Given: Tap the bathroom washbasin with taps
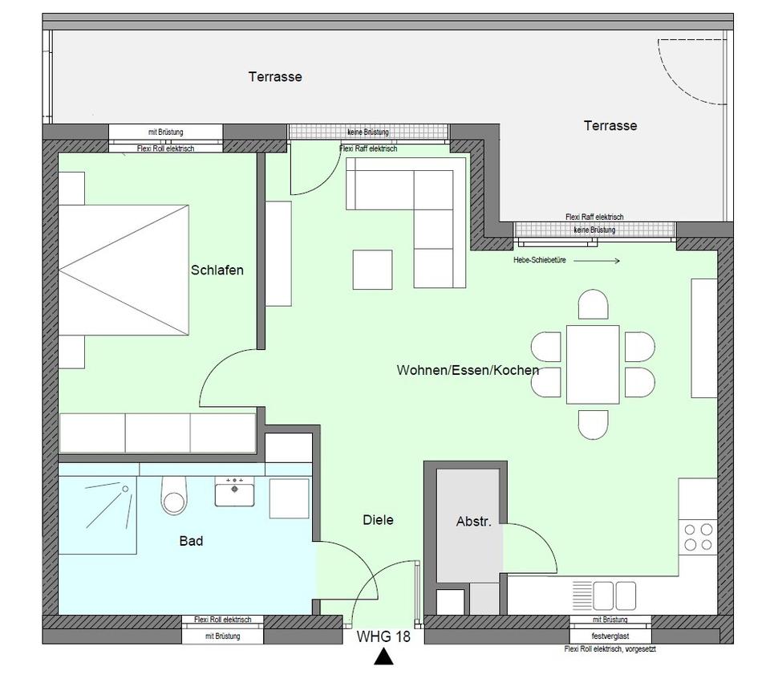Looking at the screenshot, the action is (234, 491).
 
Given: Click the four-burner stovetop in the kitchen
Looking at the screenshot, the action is (699, 537).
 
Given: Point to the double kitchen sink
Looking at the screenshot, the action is (614, 595).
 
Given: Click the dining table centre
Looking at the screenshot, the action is (593, 364).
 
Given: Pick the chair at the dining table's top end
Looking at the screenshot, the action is (594, 304).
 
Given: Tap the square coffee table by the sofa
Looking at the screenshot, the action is (372, 270).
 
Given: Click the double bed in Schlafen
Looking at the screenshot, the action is (124, 270).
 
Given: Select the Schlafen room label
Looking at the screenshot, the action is (217, 270).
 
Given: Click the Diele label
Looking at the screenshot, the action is (378, 520).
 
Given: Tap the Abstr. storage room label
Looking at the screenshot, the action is (474, 522).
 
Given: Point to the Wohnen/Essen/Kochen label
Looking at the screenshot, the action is (468, 370).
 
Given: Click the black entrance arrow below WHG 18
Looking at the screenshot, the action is (383, 657).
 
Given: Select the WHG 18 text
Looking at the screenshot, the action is (383, 636).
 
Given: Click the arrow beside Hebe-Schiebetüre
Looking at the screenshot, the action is (597, 261).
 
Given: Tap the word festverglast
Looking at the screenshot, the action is (610, 636).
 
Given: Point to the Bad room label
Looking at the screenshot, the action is (191, 541).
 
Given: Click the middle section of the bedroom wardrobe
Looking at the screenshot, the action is (158, 433).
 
